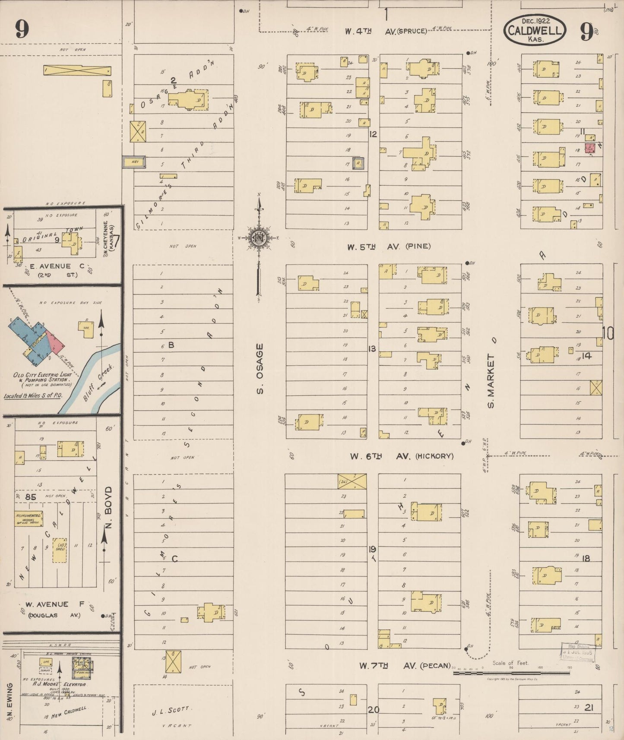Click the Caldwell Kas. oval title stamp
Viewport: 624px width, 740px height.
[535, 30]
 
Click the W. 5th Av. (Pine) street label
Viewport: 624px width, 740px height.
[389, 247]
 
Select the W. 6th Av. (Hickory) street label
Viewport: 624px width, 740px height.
[401, 456]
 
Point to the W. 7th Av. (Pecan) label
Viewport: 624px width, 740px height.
[405, 666]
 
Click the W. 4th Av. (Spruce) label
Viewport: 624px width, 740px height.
[386, 31]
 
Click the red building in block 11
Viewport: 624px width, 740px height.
[590, 148]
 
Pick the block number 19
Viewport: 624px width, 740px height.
[372, 549]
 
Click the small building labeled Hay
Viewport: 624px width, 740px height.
[134, 162]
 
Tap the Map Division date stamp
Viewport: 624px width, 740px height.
[578, 652]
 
